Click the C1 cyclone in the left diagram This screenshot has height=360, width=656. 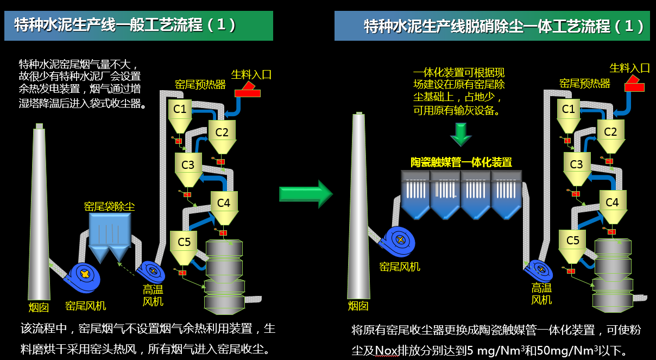[x=180, y=110]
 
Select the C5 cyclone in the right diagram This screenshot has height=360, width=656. [x=573, y=242]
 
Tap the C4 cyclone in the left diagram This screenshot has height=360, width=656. [x=224, y=204]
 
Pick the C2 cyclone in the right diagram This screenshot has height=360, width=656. [x=610, y=132]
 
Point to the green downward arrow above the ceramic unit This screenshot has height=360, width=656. [x=461, y=134]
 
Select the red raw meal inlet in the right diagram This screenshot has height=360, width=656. [x=634, y=85]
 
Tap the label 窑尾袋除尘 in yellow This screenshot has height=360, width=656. [x=109, y=206]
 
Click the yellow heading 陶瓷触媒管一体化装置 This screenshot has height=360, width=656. [x=461, y=162]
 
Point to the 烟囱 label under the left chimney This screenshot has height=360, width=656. [x=39, y=307]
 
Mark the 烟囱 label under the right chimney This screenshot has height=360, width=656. [x=358, y=306]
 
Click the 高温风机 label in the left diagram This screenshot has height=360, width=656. [x=153, y=295]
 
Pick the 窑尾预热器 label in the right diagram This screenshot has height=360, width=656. [x=584, y=84]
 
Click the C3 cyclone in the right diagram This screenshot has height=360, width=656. [x=576, y=165]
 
